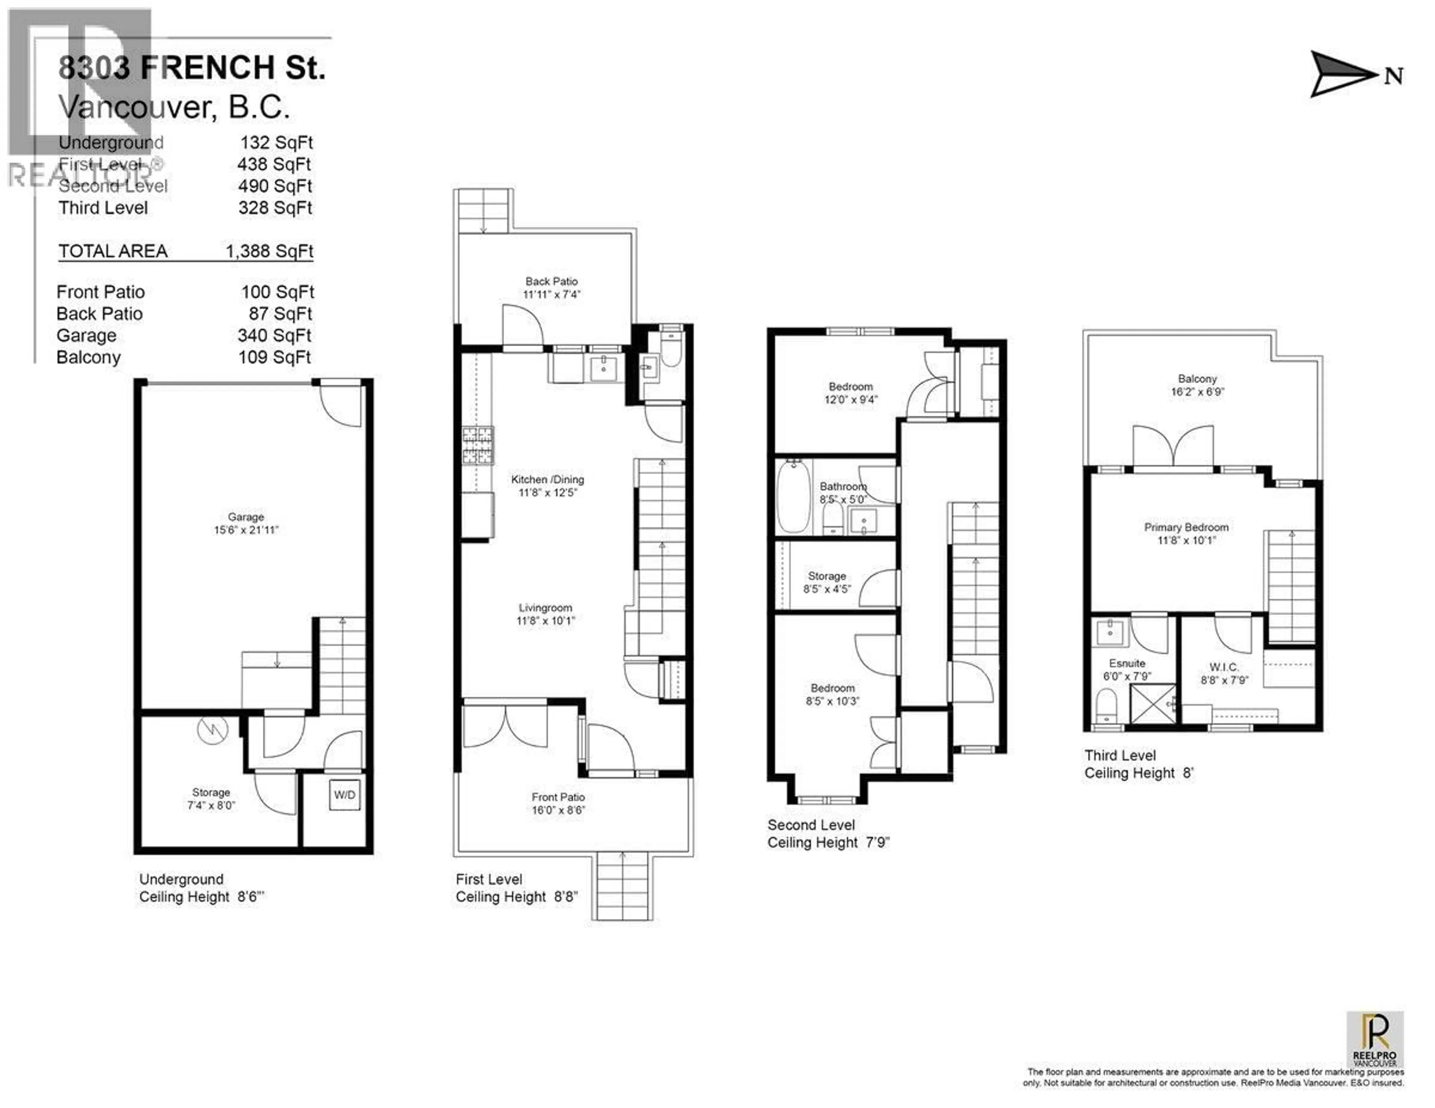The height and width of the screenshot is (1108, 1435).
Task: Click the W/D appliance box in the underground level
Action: coord(344,795)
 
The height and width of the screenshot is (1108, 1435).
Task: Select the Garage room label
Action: coord(246,517)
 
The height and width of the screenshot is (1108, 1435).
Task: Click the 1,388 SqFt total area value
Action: coord(269,251)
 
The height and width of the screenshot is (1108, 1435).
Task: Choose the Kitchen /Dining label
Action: coord(547,479)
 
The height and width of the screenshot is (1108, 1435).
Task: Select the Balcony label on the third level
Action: coord(1197,379)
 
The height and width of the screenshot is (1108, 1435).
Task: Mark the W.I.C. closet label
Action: coord(1223,667)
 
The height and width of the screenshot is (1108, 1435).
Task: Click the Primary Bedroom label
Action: coord(1186,527)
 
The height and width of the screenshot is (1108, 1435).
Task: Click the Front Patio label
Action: coord(558,797)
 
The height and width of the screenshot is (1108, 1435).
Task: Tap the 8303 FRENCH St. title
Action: coord(192,68)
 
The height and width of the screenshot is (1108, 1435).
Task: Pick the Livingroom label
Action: coord(545,607)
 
